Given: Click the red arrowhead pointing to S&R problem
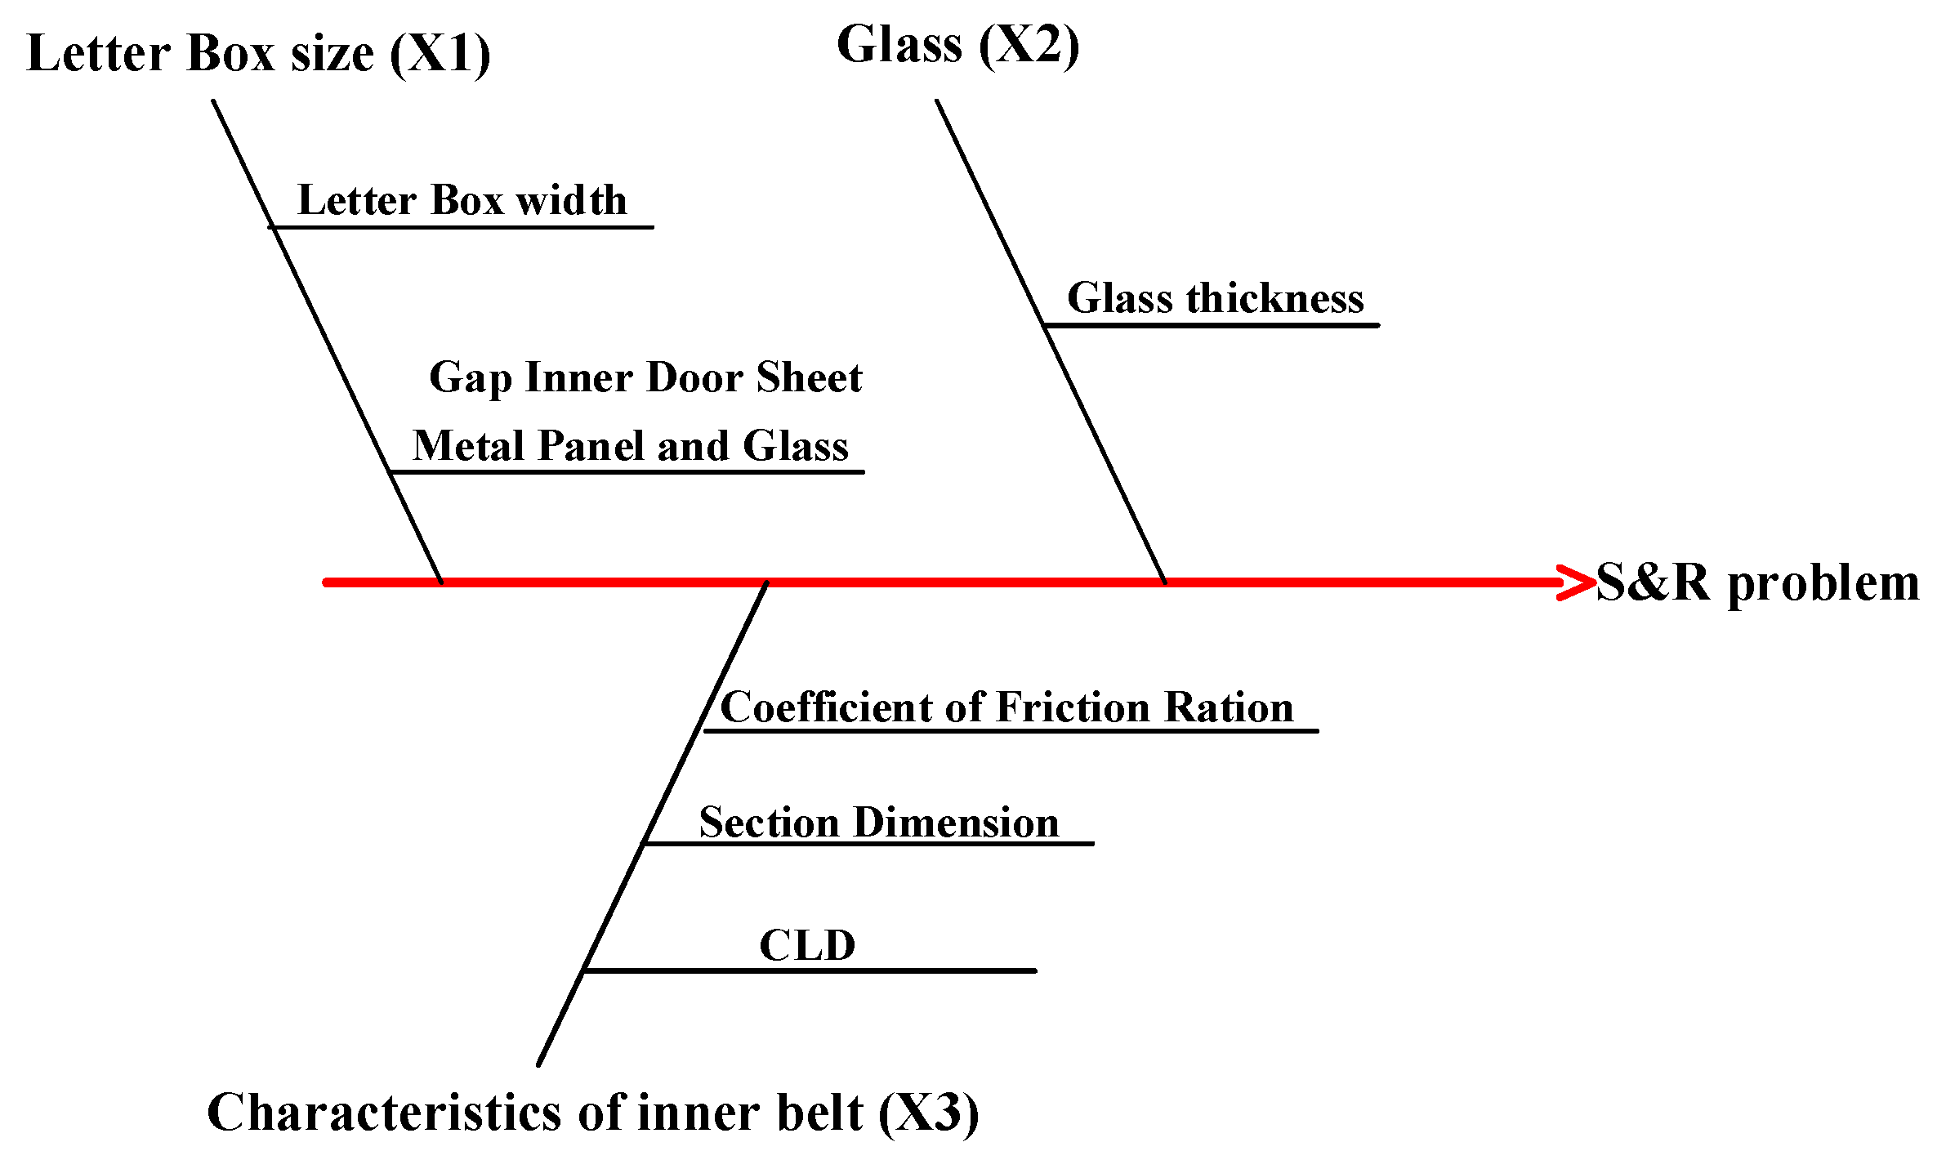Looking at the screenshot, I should (x=1577, y=582).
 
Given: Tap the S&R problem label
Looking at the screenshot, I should (x=1757, y=583).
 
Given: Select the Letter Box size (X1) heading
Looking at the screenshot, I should (x=258, y=54).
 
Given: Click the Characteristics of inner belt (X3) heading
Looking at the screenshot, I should (x=592, y=1113).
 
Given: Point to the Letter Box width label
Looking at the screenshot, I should (x=462, y=200).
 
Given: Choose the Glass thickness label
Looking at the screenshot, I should (x=1215, y=298).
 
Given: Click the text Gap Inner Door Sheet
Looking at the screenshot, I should (x=645, y=377).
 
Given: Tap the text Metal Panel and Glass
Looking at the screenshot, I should (x=630, y=446).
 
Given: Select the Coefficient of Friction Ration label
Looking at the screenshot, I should (x=1006, y=707).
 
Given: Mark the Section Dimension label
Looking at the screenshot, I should (x=878, y=823).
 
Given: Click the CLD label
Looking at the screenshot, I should (x=807, y=946).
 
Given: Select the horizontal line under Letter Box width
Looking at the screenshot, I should (x=462, y=227).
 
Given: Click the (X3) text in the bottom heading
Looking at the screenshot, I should (x=929, y=1113).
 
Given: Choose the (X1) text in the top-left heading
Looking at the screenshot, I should (x=440, y=54).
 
